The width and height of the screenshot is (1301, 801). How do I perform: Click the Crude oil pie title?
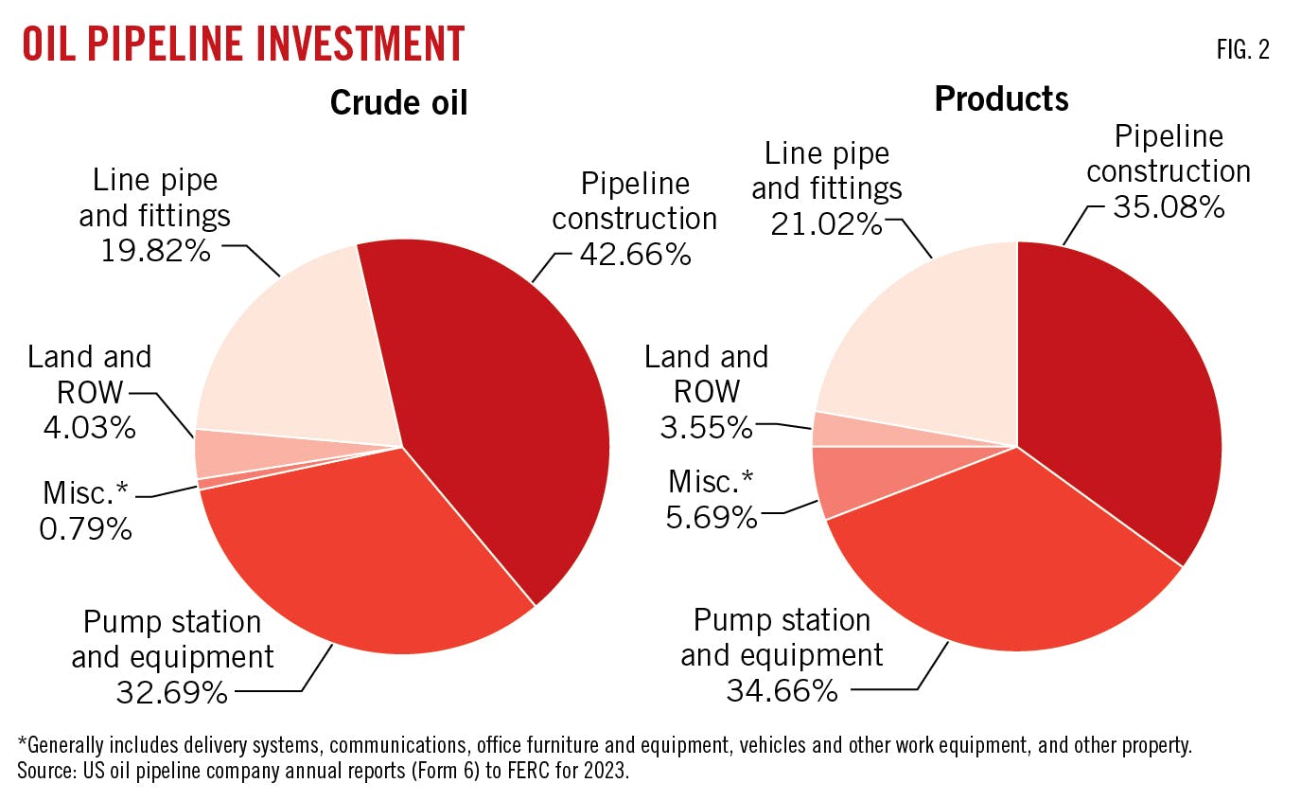(x=398, y=102)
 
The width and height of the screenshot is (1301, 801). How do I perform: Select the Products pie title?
(x=1001, y=98)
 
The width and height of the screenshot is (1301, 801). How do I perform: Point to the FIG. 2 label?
(x=1242, y=51)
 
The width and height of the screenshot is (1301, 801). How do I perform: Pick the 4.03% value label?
(x=89, y=426)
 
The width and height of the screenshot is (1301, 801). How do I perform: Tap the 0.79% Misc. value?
(x=85, y=527)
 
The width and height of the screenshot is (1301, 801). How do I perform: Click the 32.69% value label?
(x=172, y=692)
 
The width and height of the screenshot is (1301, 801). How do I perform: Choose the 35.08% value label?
(x=1169, y=206)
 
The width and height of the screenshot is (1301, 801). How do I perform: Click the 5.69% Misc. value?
(x=712, y=517)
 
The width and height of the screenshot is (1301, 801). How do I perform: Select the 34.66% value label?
(x=782, y=690)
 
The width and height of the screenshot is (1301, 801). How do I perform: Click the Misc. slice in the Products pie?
(x=842, y=478)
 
